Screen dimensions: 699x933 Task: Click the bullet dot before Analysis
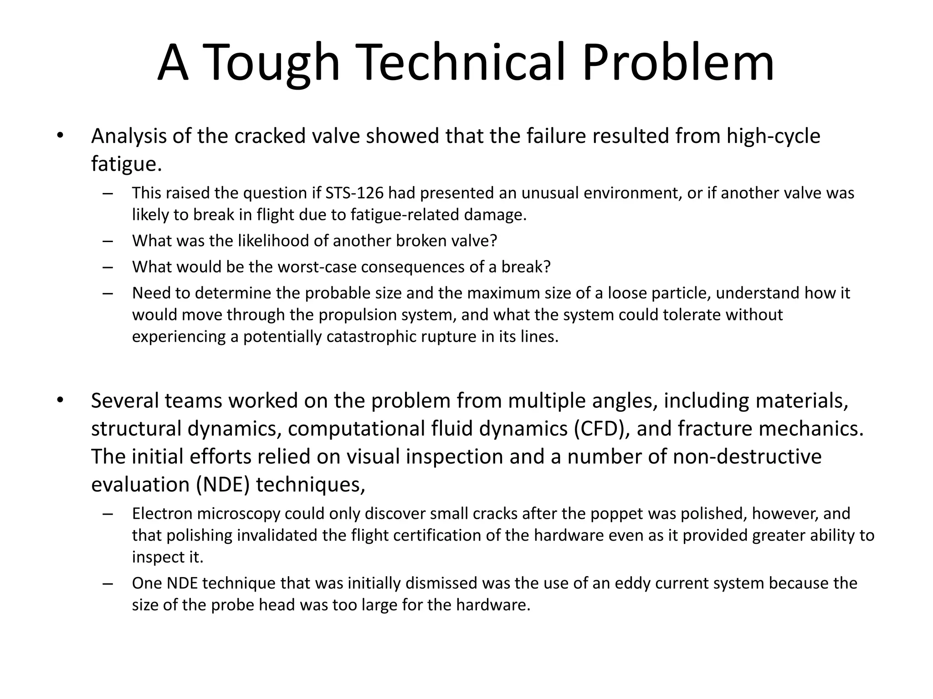point(60,136)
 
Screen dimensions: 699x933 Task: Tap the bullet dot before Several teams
point(60,400)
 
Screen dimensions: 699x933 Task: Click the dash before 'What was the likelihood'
point(108,241)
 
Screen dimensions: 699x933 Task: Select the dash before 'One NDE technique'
point(108,583)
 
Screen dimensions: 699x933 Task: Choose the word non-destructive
point(747,456)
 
